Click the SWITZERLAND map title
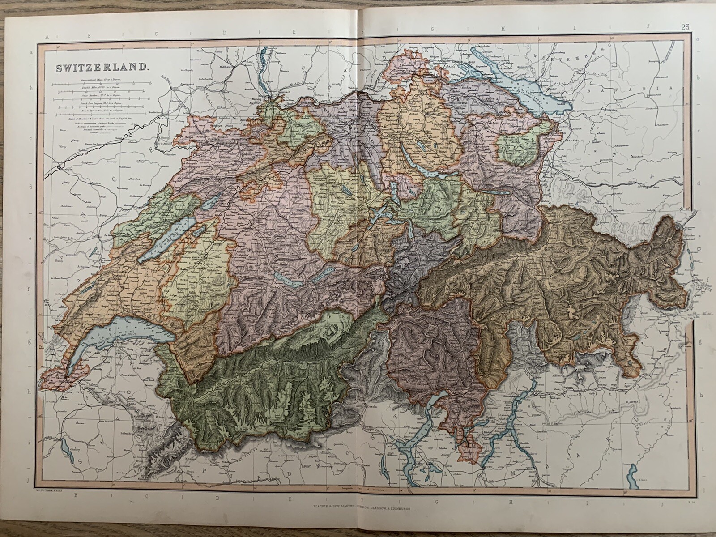coord(102,68)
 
